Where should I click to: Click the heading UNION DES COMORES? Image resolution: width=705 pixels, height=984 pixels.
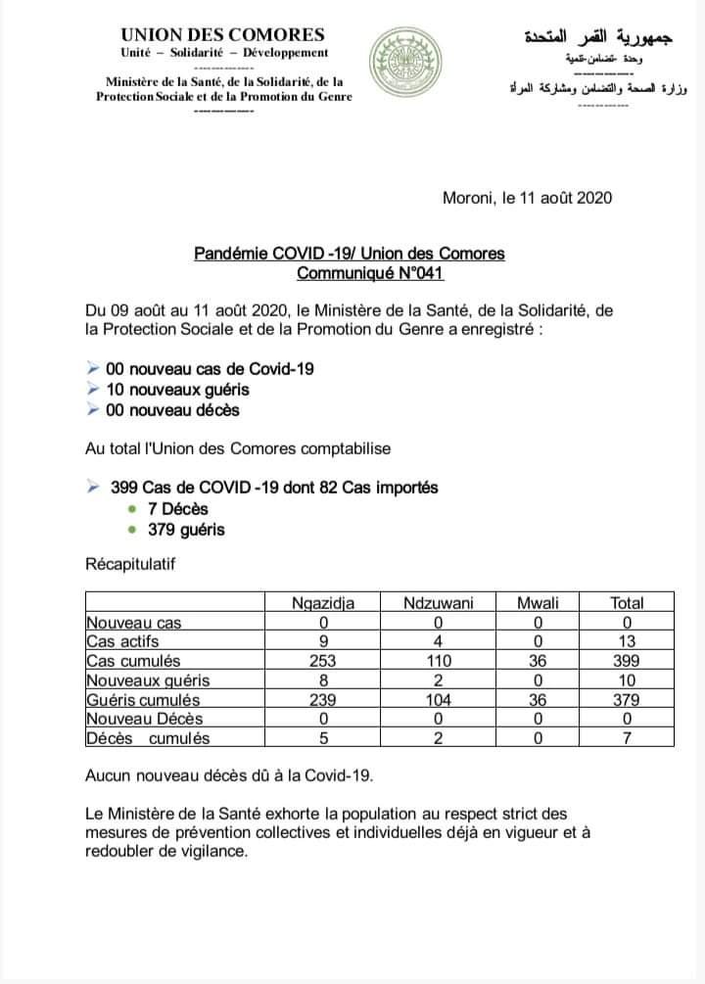point(223,34)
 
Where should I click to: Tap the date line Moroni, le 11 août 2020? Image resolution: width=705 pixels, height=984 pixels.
point(527,197)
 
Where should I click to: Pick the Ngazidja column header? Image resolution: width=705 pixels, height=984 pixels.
point(322,603)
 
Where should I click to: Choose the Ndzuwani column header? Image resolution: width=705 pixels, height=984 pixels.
point(439,603)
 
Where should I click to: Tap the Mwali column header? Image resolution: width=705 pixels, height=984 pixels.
point(537,603)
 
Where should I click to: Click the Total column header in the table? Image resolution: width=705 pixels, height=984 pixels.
point(627,603)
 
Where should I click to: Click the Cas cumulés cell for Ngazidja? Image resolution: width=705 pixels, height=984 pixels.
point(322,661)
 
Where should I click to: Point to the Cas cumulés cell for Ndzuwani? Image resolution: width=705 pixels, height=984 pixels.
point(439,661)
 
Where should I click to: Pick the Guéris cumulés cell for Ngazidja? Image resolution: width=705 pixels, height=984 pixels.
point(322,700)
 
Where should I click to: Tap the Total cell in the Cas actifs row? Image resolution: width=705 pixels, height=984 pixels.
point(627,641)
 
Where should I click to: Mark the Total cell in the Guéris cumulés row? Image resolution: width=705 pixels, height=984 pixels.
point(627,700)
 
